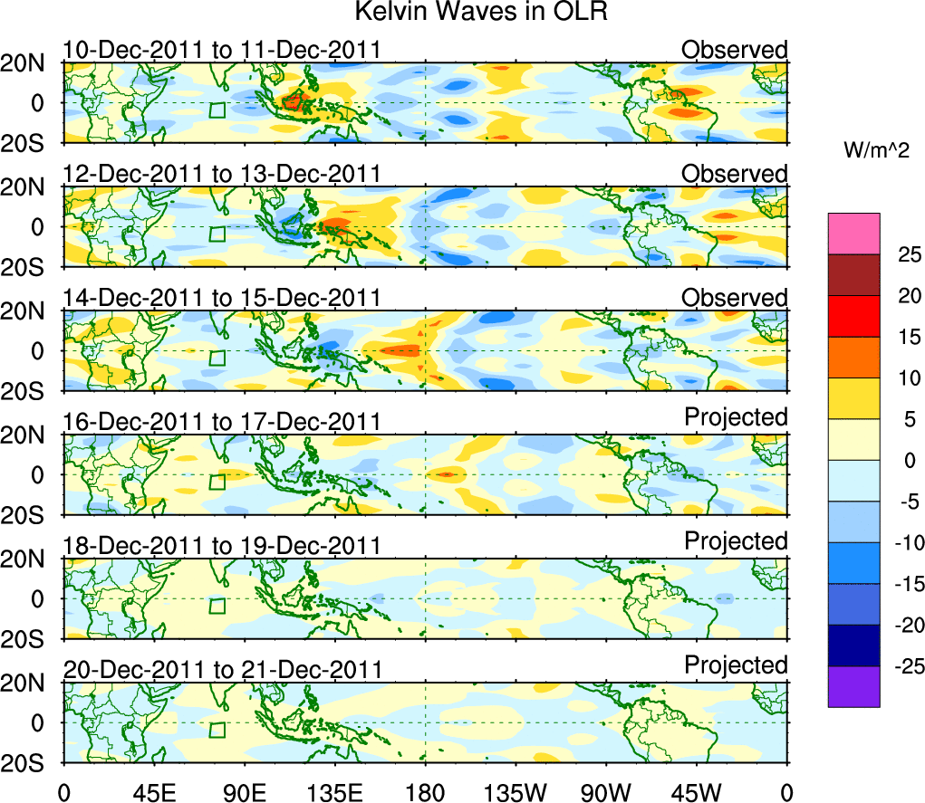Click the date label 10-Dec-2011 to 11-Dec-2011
click(x=221, y=51)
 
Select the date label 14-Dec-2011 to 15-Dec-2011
click(x=221, y=299)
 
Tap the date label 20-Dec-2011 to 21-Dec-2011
click(x=221, y=671)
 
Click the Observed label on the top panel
click(x=735, y=49)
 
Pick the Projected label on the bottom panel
click(x=735, y=665)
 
